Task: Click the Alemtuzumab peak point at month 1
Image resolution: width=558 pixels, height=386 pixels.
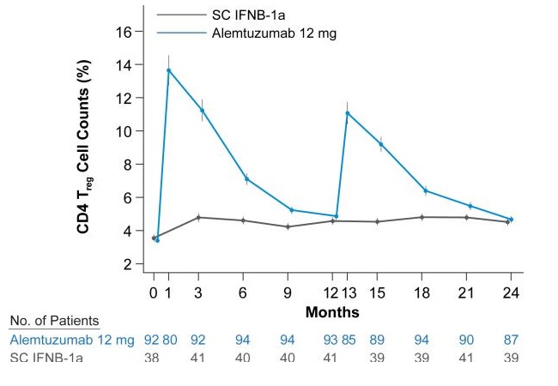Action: [168, 70]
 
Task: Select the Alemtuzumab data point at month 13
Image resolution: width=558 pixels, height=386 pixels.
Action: [347, 113]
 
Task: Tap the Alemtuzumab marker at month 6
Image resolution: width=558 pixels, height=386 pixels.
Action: [246, 179]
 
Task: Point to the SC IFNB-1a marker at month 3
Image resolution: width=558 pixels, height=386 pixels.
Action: [198, 217]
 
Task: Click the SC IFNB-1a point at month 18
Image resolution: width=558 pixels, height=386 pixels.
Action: [422, 217]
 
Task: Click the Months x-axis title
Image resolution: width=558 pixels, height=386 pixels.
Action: [332, 311]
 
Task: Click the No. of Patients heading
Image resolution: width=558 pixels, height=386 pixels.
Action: [54, 322]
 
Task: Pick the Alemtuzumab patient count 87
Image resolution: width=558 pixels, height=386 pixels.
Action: [512, 341]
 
